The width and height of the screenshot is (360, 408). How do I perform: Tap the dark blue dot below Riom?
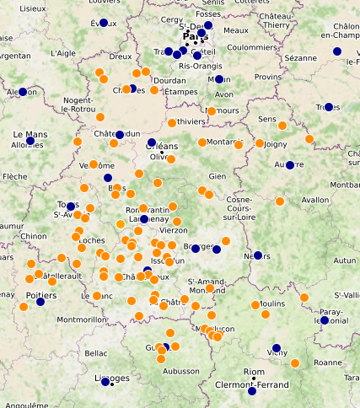coord(252,391)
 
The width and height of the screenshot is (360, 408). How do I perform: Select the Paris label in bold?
coord(196,37)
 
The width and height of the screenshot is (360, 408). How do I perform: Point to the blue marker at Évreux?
coord(104,23)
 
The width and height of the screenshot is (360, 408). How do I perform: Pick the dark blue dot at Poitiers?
coord(40,301)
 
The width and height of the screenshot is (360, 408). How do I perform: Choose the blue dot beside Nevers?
coord(258,255)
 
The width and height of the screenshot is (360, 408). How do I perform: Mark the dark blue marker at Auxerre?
coord(290,165)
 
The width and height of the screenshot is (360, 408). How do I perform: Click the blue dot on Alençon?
coord(24,91)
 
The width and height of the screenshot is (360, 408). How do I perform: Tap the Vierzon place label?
coord(174,230)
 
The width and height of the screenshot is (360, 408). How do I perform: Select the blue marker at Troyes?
coord(329,107)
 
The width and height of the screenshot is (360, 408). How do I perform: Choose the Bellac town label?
coord(96,353)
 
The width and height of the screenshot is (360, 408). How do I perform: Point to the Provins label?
coord(267,77)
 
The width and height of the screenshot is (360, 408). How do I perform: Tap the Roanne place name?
coord(326,362)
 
